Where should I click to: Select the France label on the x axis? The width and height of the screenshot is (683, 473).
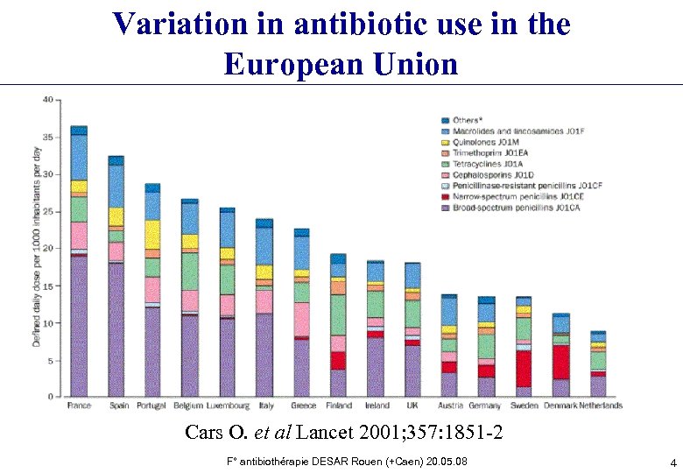click(79, 406)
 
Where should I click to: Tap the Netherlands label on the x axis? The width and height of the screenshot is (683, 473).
click(600, 406)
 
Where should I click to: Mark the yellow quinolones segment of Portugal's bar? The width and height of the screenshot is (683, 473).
click(152, 234)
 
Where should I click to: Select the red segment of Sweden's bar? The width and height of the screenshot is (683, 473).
click(524, 368)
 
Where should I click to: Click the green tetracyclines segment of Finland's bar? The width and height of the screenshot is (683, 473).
click(338, 314)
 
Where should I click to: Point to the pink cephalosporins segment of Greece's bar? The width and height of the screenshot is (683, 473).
click(301, 319)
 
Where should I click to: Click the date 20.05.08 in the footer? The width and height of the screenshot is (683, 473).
click(449, 461)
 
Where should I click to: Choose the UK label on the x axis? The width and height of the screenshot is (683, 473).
click(412, 406)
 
